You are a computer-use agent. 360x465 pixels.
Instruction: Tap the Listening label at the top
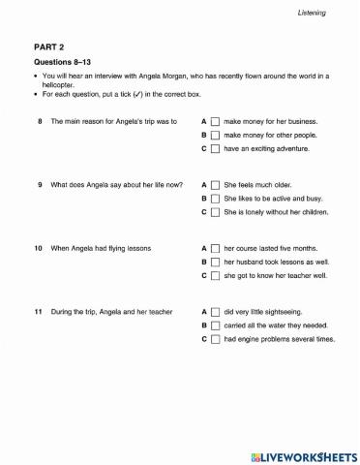pyautogui.click(x=312, y=13)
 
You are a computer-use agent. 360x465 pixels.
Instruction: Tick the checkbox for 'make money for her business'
pyautogui.click(x=216, y=122)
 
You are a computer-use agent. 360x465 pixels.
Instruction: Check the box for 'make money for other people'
pyautogui.click(x=216, y=136)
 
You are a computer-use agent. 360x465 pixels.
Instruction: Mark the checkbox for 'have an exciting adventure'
pyautogui.click(x=216, y=149)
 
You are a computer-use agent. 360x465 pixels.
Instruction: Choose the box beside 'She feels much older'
pyautogui.click(x=216, y=184)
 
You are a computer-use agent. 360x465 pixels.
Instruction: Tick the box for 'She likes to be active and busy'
pyautogui.click(x=216, y=198)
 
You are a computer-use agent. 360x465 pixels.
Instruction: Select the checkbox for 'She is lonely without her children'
pyautogui.click(x=216, y=211)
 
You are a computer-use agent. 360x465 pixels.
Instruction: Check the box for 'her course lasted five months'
pyautogui.click(x=216, y=248)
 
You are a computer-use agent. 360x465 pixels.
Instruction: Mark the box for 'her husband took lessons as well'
pyautogui.click(x=216, y=262)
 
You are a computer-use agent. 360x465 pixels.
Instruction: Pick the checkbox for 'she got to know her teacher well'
pyautogui.click(x=216, y=275)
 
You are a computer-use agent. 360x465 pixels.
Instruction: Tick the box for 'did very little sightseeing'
pyautogui.click(x=216, y=312)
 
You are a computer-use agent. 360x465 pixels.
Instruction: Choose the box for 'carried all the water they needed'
pyautogui.click(x=216, y=325)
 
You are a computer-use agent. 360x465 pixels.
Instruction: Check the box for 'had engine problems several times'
pyautogui.click(x=216, y=339)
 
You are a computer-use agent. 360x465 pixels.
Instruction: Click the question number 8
pyautogui.click(x=39, y=122)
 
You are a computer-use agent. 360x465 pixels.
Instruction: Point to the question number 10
pyautogui.click(x=38, y=248)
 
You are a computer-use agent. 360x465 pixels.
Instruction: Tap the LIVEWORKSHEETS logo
pyautogui.click(x=303, y=455)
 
